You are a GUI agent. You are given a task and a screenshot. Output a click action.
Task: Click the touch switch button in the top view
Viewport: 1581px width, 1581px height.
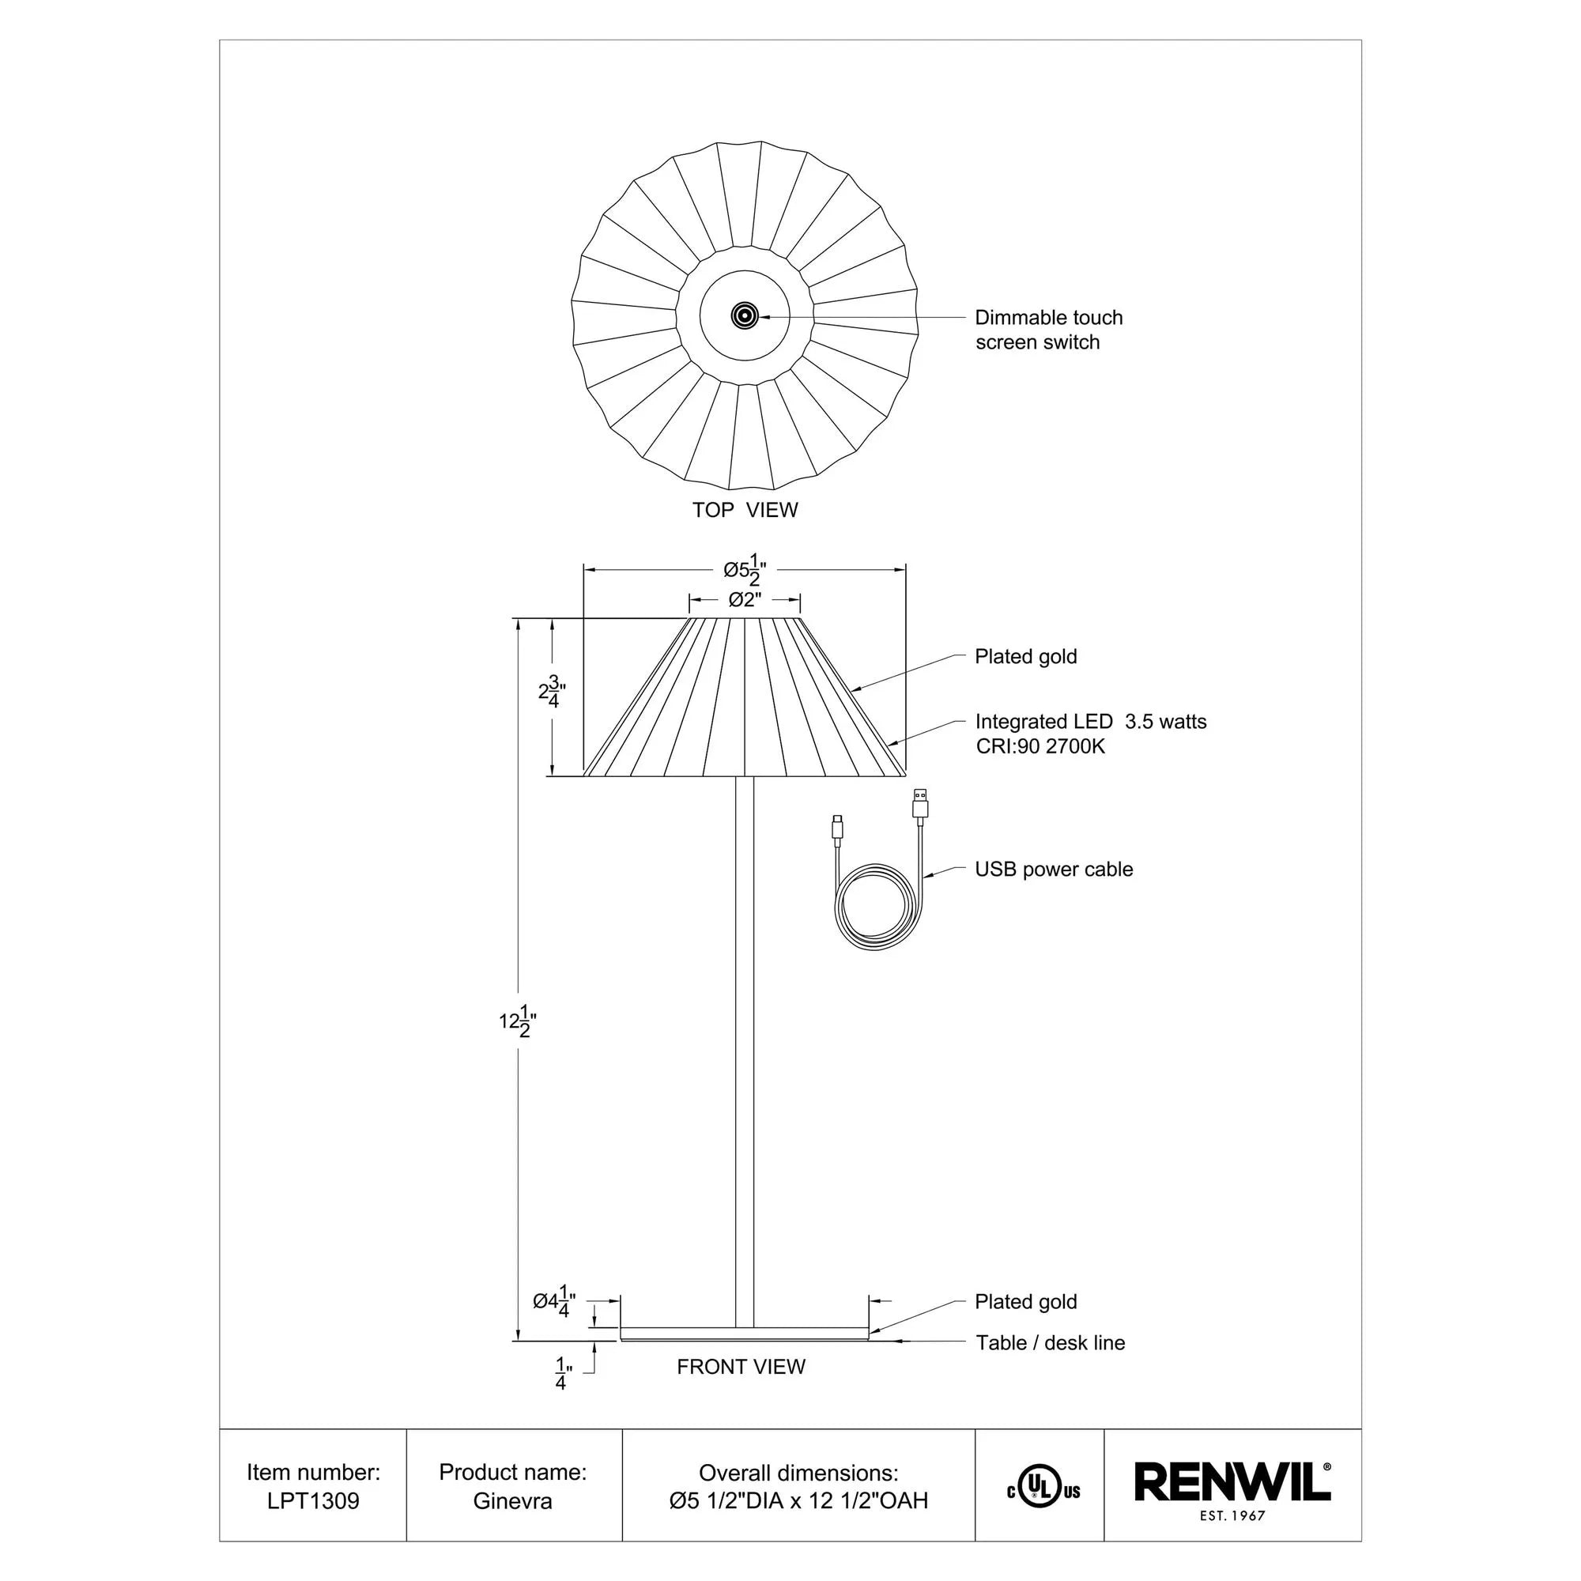pyautogui.click(x=744, y=315)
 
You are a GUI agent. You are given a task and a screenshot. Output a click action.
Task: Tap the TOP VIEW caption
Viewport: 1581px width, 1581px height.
pyautogui.click(x=745, y=510)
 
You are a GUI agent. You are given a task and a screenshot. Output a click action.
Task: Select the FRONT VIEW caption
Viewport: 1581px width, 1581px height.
pyautogui.click(x=741, y=1367)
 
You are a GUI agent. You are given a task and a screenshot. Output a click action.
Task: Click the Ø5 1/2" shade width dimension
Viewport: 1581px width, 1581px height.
pyautogui.click(x=745, y=572)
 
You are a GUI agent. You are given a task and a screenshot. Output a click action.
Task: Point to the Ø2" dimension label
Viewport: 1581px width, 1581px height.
pyautogui.click(x=745, y=600)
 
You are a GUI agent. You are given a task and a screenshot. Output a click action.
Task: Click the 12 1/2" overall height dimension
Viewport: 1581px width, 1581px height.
pyautogui.click(x=518, y=1021)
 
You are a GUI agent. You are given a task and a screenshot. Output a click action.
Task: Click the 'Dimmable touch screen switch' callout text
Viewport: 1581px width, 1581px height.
pyautogui.click(x=1048, y=330)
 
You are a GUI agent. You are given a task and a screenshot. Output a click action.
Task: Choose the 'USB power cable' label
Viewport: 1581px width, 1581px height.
pyautogui.click(x=1053, y=869)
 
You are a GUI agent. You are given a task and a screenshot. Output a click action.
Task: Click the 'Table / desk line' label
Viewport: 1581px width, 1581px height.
pyautogui.click(x=1050, y=1343)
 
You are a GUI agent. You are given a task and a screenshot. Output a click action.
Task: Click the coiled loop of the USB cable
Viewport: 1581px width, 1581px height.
pyautogui.click(x=875, y=908)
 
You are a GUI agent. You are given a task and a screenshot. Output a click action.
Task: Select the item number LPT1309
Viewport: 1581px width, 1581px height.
pyautogui.click(x=313, y=1501)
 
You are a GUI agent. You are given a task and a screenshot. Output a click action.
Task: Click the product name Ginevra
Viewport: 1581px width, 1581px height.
pyautogui.click(x=512, y=1501)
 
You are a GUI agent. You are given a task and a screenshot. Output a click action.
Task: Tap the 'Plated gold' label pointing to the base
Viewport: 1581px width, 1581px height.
pyautogui.click(x=1025, y=1302)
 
